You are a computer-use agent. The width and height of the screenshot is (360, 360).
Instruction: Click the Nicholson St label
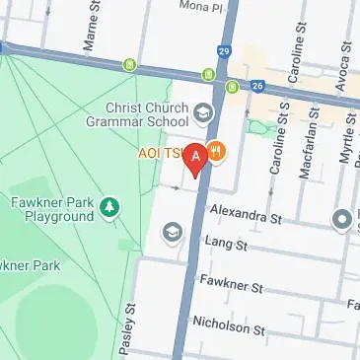(226, 323)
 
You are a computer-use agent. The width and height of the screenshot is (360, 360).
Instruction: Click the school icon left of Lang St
(172, 233)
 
